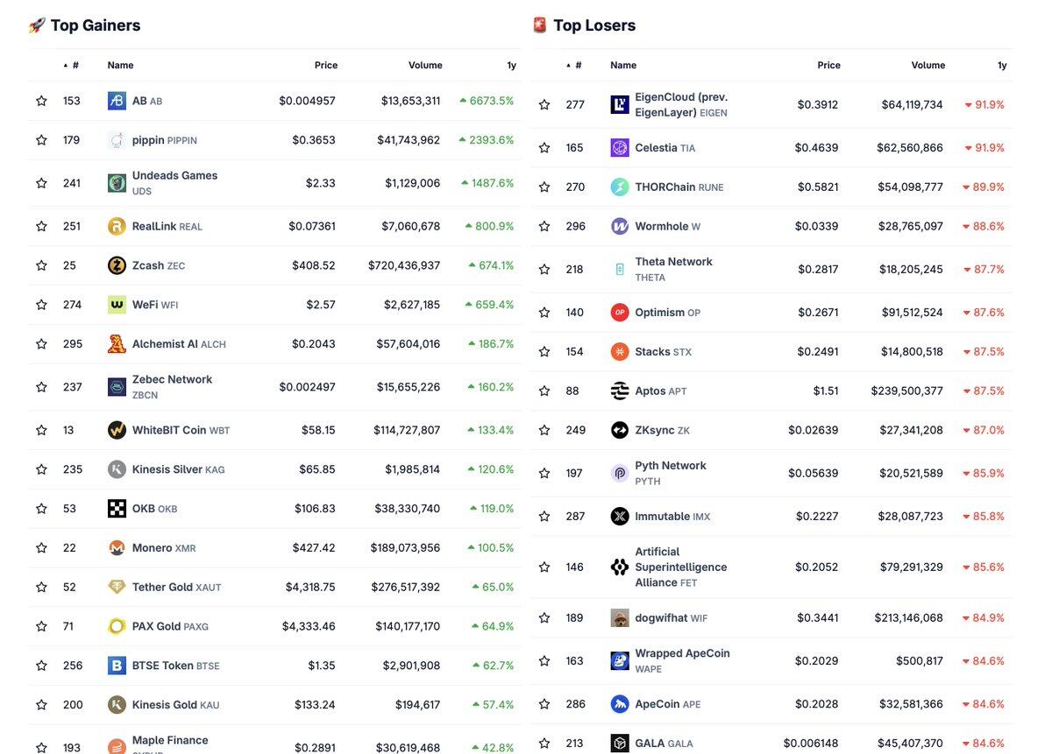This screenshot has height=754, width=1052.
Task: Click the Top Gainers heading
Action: (95, 25)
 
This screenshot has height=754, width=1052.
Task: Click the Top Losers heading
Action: (594, 25)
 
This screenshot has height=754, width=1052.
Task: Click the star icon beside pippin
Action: (41, 140)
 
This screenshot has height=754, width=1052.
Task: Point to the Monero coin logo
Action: (117, 548)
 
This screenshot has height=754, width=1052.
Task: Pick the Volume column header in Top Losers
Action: (928, 66)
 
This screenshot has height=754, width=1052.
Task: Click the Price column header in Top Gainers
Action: (326, 66)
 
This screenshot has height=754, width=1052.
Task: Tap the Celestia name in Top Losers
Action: (656, 148)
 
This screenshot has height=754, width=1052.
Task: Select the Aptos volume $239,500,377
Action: (906, 391)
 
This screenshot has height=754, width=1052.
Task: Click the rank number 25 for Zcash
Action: (69, 265)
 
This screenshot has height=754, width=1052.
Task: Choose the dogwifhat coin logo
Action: (620, 618)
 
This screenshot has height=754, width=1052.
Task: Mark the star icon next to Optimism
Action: (544, 313)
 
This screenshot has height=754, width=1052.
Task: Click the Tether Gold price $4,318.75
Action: (310, 587)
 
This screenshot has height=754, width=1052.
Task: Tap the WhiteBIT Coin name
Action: (169, 430)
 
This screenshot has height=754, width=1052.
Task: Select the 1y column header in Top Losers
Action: (1002, 66)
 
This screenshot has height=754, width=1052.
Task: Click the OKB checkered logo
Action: (117, 509)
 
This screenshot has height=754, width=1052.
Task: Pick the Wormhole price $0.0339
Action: (816, 226)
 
